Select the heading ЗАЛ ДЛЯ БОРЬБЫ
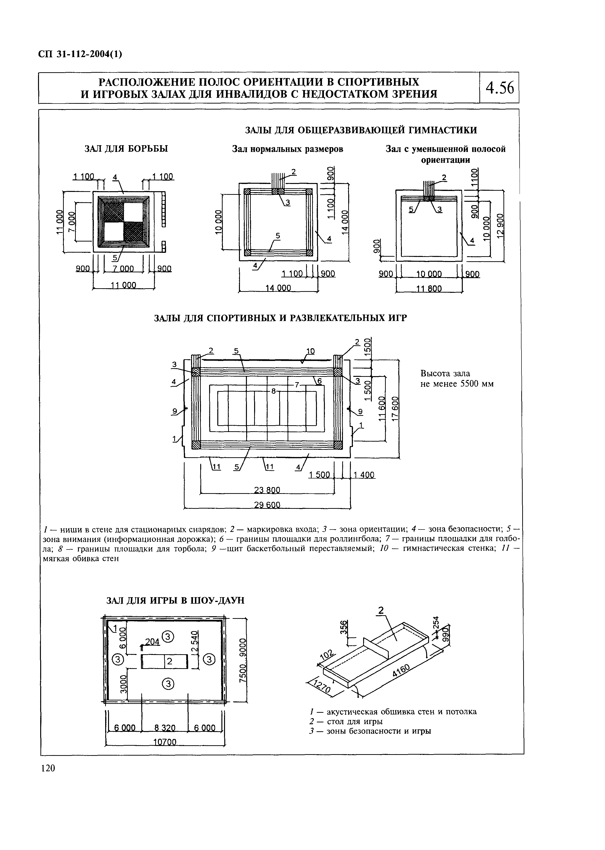click(126, 149)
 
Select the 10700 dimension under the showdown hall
click(165, 742)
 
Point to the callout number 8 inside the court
click(273, 391)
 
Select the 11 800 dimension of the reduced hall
click(429, 288)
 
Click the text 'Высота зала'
click(445, 373)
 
